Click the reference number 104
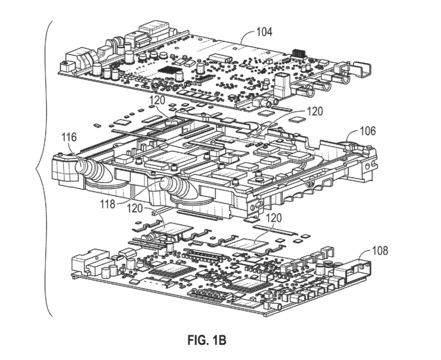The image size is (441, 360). coord(264,32)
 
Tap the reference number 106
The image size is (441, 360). coord(367,130)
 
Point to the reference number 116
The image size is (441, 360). coord(69,137)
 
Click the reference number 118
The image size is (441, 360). coord(108,204)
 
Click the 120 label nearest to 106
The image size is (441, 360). coord(314,112)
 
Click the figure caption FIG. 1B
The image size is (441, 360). coord(207,341)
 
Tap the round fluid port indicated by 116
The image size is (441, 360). coord(82,166)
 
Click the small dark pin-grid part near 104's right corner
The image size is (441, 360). coord(299,53)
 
